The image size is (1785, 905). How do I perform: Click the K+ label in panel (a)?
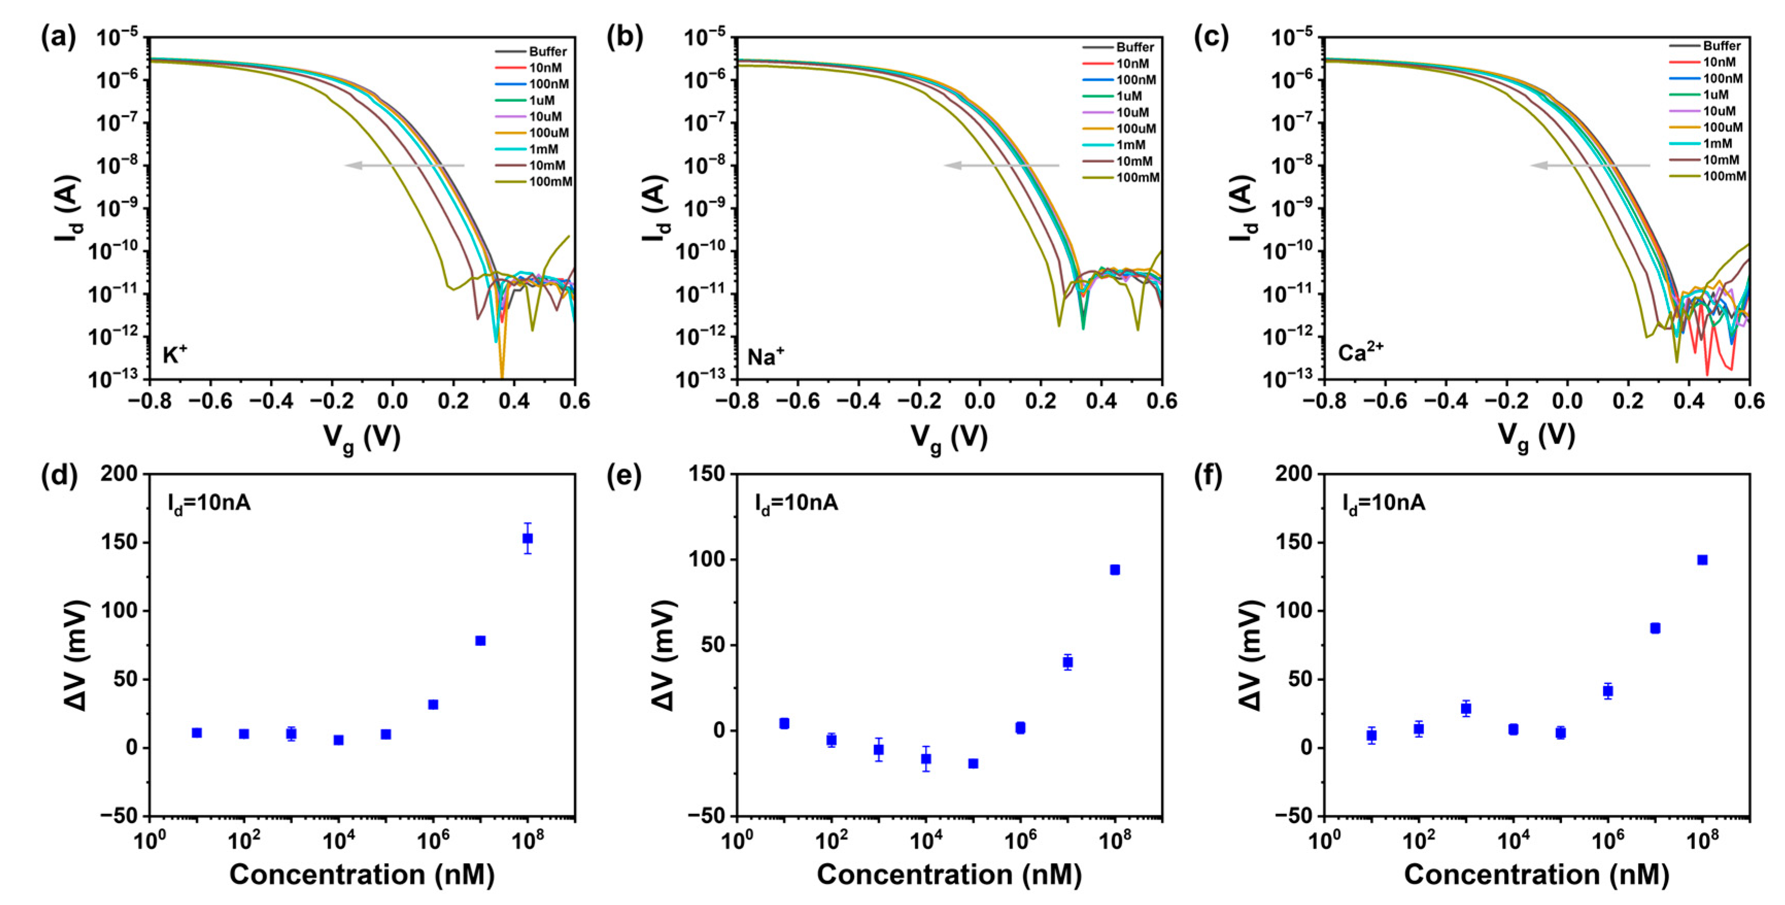click(x=175, y=355)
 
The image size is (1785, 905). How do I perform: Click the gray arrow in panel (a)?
click(x=405, y=165)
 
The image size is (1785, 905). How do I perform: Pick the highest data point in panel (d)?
click(x=527, y=538)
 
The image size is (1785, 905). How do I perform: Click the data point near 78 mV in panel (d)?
click(x=480, y=640)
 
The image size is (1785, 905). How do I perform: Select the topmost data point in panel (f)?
click(x=1702, y=560)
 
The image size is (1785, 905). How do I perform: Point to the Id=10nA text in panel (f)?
click(x=1383, y=502)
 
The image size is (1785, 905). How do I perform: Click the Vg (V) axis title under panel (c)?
click(x=1536, y=437)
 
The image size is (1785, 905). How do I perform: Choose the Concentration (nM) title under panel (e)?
click(x=949, y=875)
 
